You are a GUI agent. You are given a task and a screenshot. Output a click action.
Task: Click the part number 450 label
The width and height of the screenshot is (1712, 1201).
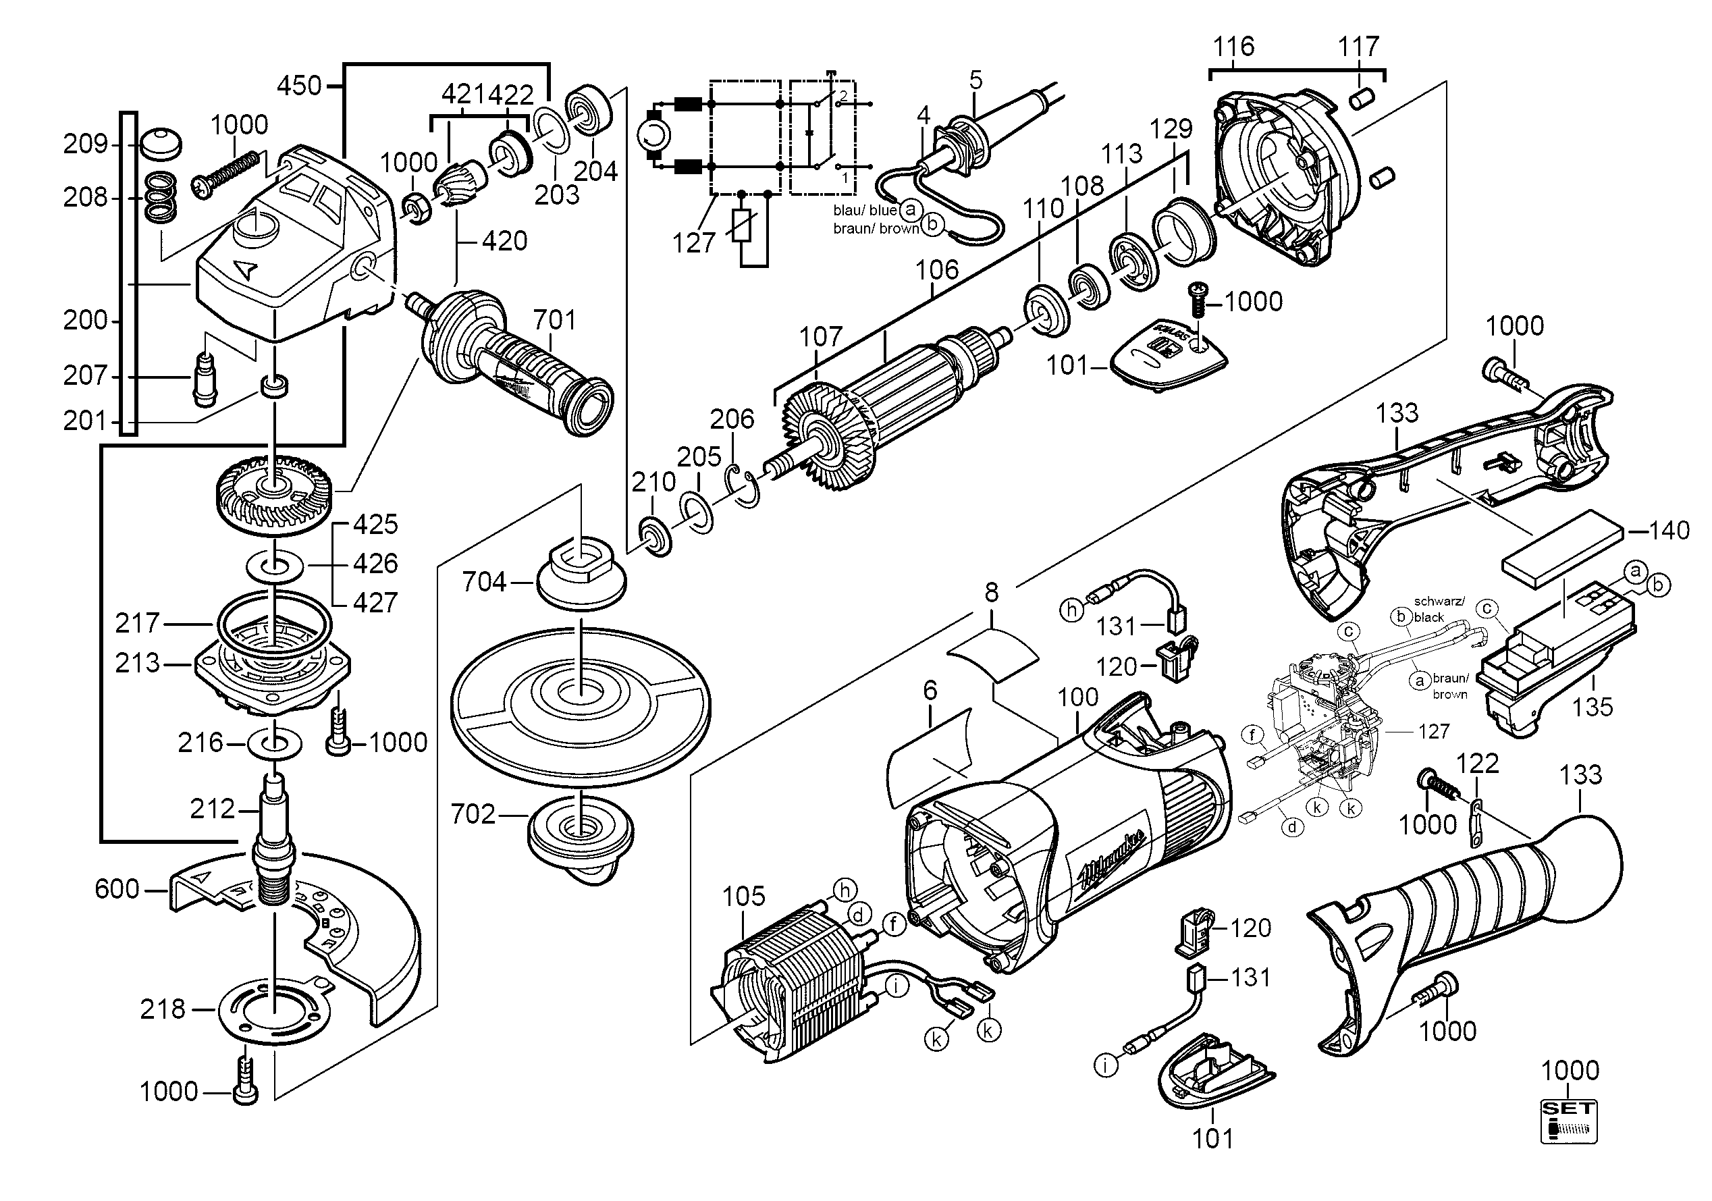coord(298,86)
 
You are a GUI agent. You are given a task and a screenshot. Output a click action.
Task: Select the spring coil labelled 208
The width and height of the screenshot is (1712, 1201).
coord(161,198)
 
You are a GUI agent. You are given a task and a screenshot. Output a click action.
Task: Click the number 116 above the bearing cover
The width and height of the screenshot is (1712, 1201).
coord(1233,46)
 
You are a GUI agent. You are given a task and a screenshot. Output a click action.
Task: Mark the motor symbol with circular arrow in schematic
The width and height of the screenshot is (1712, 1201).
coord(654,136)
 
